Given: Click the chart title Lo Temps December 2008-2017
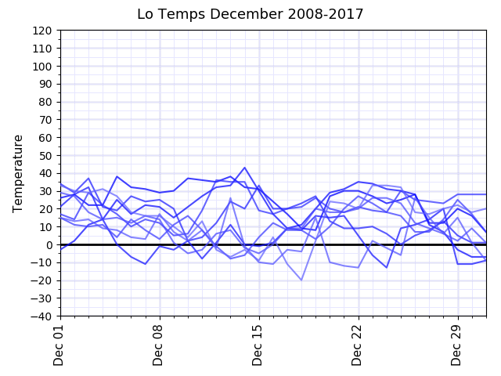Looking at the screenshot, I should [x=250, y=14].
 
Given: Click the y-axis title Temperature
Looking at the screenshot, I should [x=18, y=173].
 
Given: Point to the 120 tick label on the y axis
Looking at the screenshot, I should [x=43, y=31].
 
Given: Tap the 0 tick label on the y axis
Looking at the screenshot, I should [x=49, y=244].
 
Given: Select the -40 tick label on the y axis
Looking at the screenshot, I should [x=42, y=316].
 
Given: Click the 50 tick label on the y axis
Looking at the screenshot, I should [x=46, y=155].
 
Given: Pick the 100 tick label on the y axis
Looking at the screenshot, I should [x=43, y=67].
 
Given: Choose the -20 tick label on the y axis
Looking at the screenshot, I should [x=42, y=280].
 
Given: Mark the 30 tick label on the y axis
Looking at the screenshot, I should [x=46, y=191].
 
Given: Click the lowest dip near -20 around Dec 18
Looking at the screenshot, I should [x=301, y=280].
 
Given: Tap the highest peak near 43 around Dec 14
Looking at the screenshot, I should [x=245, y=168].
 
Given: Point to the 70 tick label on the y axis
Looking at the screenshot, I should [x=46, y=120].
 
